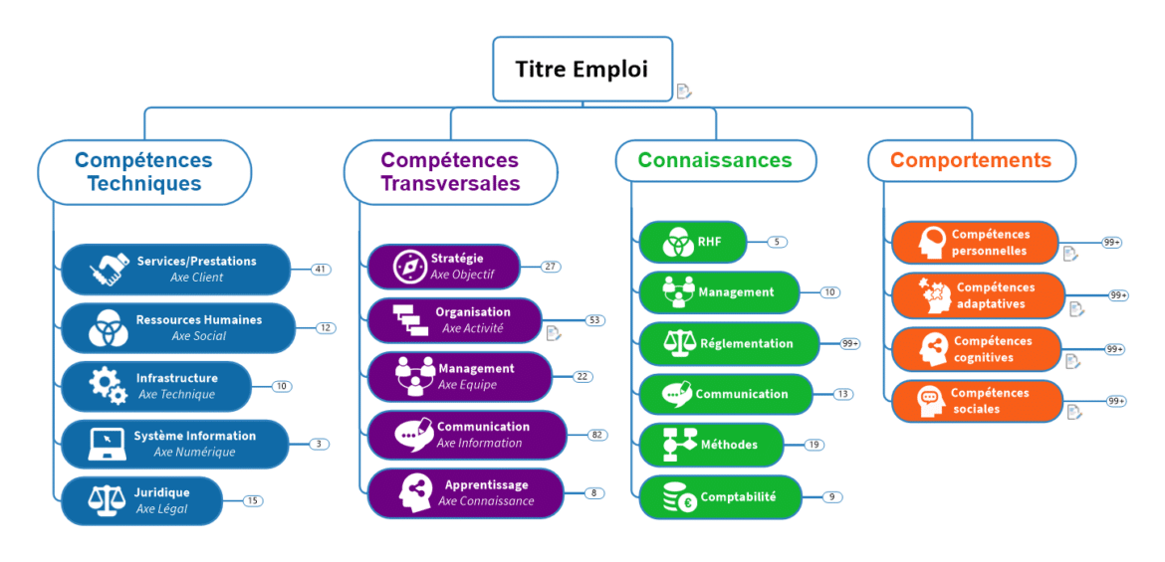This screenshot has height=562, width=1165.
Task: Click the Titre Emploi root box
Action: pos(582,69)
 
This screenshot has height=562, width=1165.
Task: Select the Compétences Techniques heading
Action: pos(144,172)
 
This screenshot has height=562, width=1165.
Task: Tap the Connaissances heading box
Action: pos(715,160)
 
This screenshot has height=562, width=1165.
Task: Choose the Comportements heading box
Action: pos(971,160)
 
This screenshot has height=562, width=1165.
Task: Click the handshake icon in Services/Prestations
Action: pos(110,270)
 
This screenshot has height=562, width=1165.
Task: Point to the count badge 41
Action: pos(321,269)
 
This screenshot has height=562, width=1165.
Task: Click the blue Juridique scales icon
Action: pos(105,500)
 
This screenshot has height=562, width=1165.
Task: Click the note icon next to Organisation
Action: pos(554,333)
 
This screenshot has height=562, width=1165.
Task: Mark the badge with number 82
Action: pos(596,435)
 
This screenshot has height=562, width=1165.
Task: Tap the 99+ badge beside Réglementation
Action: pos(849,343)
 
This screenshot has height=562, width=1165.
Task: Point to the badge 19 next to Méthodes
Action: pos(814,445)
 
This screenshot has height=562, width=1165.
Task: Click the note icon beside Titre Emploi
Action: pos(684,92)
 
